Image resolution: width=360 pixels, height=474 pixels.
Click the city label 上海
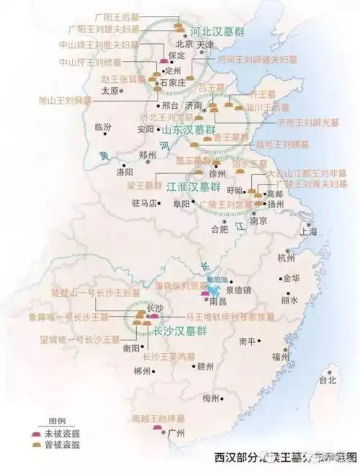click(x=309, y=232)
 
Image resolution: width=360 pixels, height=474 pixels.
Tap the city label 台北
click(x=328, y=380)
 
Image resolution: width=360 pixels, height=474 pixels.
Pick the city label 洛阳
click(x=125, y=173)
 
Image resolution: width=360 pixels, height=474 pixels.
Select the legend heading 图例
click(x=57, y=421)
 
